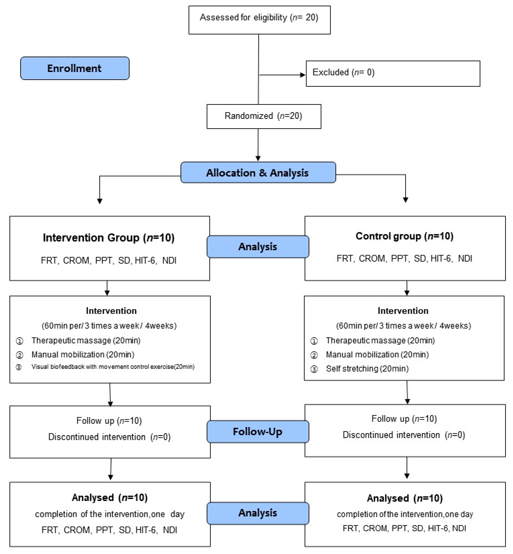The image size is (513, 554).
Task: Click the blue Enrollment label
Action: (75, 68)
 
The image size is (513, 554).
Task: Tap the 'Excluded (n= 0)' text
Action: (343, 72)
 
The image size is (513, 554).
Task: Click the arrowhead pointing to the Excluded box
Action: (303, 75)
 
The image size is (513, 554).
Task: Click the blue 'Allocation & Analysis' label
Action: (258, 172)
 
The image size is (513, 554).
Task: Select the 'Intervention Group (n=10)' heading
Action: (109, 238)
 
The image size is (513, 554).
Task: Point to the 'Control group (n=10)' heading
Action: (404, 236)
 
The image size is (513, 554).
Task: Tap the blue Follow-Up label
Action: (258, 432)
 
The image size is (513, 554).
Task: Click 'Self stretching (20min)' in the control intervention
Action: (367, 369)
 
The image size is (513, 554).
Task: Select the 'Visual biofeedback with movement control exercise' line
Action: (113, 367)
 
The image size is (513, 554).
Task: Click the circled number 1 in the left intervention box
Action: (19, 341)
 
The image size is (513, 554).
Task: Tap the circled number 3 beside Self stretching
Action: (314, 369)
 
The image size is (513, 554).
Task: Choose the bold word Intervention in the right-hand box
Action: (403, 311)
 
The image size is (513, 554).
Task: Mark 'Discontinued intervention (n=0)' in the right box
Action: (404, 435)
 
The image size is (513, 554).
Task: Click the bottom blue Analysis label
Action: (258, 513)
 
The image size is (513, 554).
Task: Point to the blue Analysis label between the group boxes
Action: (258, 247)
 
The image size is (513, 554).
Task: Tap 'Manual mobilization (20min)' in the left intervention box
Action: (83, 355)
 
